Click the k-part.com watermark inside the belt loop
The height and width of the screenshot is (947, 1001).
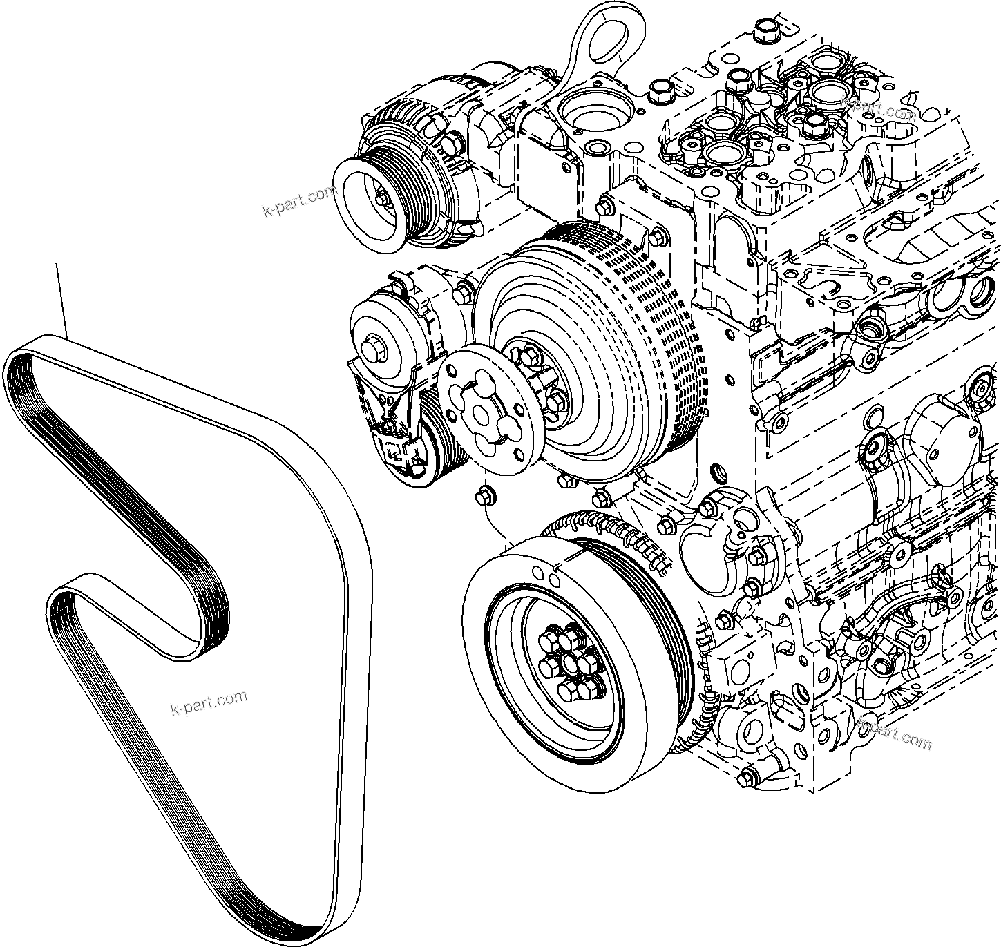[208, 702]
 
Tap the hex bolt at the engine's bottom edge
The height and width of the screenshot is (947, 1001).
[745, 780]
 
